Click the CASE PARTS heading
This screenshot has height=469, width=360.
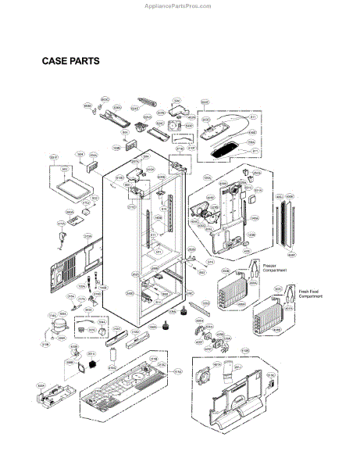70,61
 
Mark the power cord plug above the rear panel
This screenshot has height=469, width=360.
63,227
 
